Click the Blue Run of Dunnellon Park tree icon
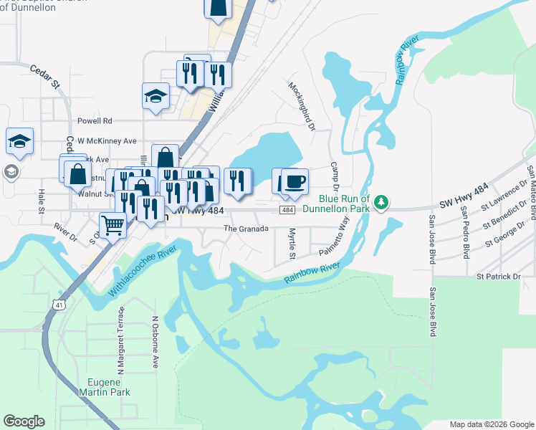(383, 201)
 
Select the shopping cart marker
(113, 224)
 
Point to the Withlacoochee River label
(144, 269)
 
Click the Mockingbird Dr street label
(302, 106)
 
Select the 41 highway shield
(54, 305)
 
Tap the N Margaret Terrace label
(121, 340)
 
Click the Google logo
(24, 421)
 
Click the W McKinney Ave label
(107, 141)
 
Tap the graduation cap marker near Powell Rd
(155, 97)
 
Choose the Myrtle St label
(292, 244)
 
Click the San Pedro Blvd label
(466, 223)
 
